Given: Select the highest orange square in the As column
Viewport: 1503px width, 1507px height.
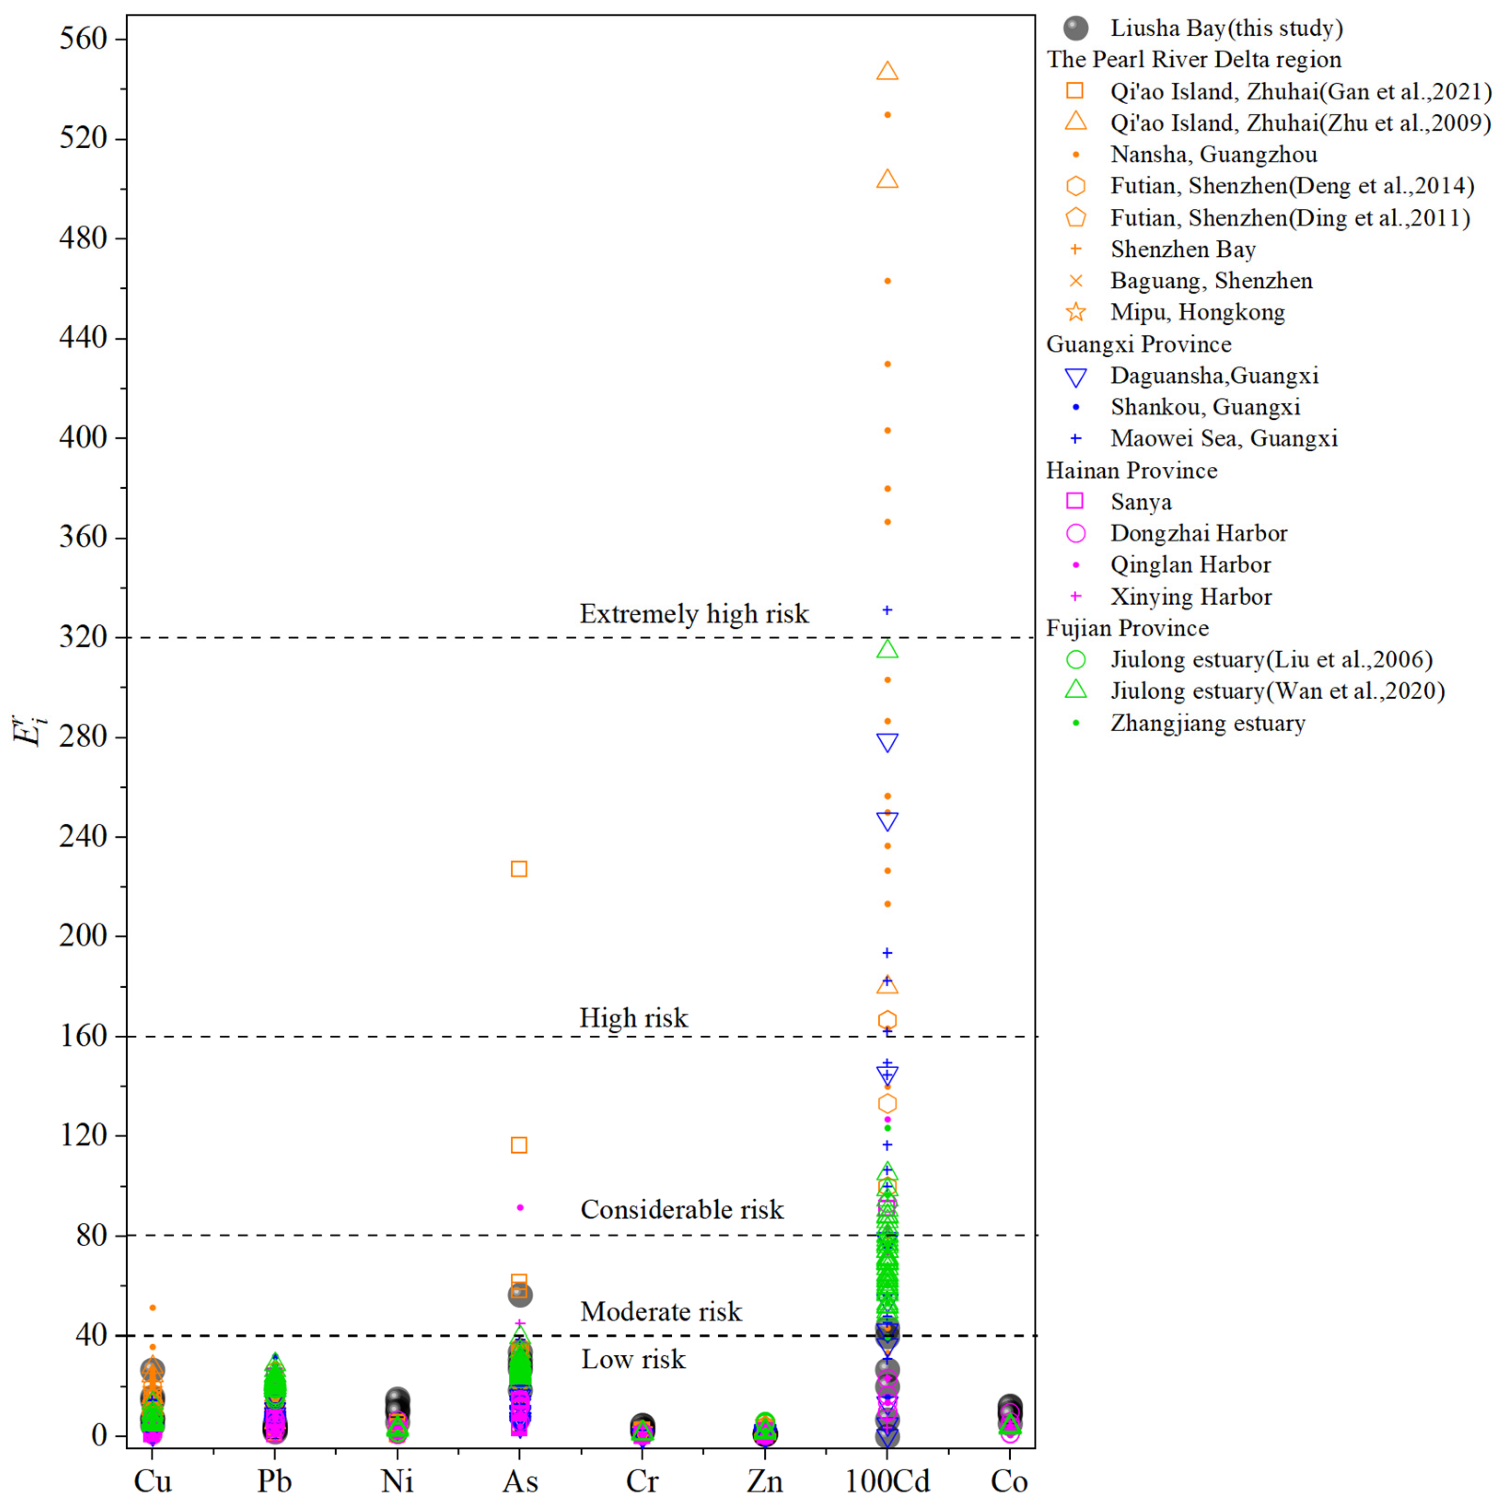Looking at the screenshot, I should click(519, 869).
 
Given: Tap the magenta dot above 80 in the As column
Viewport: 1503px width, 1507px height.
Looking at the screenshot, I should click(520, 1208).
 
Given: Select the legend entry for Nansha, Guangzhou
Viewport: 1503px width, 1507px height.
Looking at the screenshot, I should click(1214, 155).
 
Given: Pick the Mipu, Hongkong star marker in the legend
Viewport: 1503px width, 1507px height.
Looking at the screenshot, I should click(1075, 312).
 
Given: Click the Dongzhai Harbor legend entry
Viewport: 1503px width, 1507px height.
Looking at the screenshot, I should click(1198, 533).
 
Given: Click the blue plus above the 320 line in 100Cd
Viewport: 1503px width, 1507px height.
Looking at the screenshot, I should click(887, 610).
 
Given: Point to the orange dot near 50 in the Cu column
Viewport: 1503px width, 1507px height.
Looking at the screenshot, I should click(153, 1307).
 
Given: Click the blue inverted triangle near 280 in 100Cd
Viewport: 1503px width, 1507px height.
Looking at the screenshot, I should click(887, 742).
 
